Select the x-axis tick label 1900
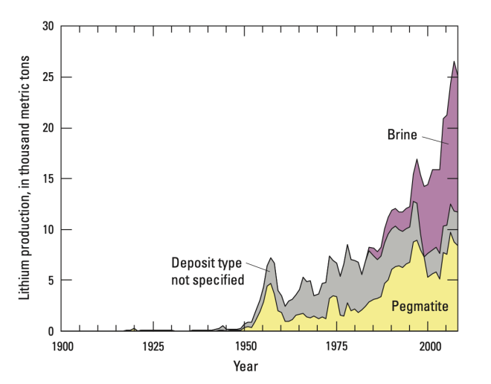pyautogui.click(x=62, y=347)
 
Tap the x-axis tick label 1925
pyautogui.click(x=153, y=347)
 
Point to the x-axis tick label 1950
pyautogui.click(x=245, y=347)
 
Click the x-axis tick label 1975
pyautogui.click(x=338, y=347)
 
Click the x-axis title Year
pyautogui.click(x=245, y=366)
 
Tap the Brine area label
pyautogui.click(x=402, y=135)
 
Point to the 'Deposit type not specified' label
pyautogui.click(x=208, y=271)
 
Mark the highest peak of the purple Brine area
pyautogui.click(x=453, y=62)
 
